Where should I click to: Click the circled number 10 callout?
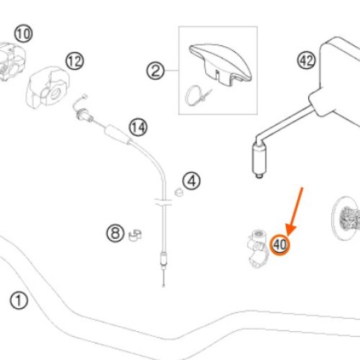click(23, 33)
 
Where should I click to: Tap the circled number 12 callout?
click(75, 60)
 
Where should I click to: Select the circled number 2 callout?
click(156, 71)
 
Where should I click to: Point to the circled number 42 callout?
click(307, 60)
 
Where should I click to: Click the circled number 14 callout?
click(138, 127)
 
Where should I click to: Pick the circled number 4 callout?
click(192, 181)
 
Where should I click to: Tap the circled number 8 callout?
click(115, 233)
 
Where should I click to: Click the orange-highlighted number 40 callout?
click(280, 245)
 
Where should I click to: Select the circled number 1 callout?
click(19, 300)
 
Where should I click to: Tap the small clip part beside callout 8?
click(135, 235)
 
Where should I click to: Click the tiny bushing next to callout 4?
click(179, 192)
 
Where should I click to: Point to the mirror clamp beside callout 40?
click(258, 248)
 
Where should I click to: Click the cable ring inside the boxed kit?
click(192, 96)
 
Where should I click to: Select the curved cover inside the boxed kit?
click(220, 63)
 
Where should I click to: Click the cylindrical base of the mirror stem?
click(259, 159)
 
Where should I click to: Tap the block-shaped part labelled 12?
click(48, 87)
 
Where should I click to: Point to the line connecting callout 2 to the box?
click(171, 71)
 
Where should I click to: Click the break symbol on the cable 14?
click(163, 202)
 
